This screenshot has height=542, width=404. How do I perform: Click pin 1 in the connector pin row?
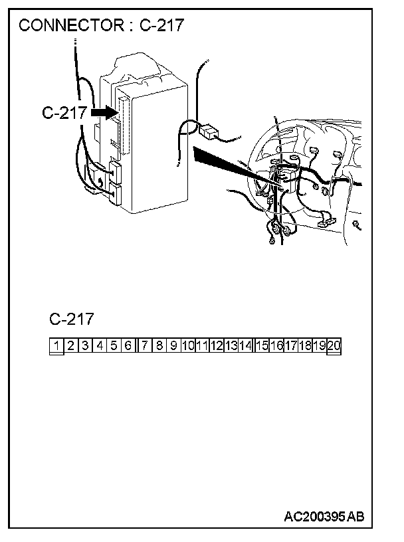[x=56, y=345]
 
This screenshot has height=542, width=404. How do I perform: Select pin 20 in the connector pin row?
[x=334, y=345]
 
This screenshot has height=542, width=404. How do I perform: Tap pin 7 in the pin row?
[x=144, y=345]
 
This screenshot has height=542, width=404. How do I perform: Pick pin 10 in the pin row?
[x=187, y=345]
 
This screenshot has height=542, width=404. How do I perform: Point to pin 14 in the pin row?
[x=245, y=345]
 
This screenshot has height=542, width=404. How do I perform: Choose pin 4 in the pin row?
[x=100, y=345]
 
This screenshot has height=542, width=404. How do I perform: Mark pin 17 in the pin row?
[x=290, y=345]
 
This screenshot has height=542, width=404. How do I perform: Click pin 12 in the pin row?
[x=216, y=345]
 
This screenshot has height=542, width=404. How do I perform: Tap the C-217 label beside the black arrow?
[x=64, y=113]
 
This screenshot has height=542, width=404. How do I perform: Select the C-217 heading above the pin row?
[x=71, y=319]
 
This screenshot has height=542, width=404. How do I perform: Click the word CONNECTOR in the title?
[x=68, y=26]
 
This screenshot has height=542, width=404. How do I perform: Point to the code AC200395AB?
[x=324, y=516]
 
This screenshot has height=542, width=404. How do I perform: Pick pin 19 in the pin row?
[x=319, y=345]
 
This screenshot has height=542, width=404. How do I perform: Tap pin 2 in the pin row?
[x=70, y=345]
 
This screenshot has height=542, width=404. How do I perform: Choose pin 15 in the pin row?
[x=262, y=345]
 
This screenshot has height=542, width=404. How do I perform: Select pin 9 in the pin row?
[x=173, y=345]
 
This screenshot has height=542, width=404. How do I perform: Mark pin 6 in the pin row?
[x=128, y=345]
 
